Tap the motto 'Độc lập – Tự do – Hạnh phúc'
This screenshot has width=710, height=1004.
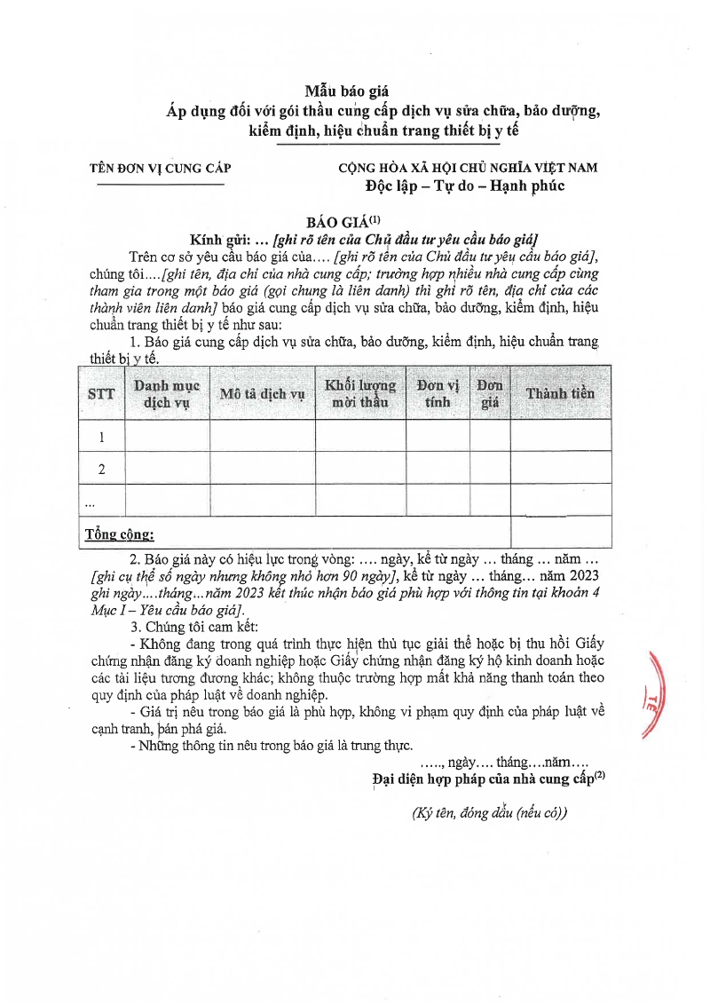pyautogui.click(x=465, y=186)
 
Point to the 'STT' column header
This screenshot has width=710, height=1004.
pyautogui.click(x=101, y=393)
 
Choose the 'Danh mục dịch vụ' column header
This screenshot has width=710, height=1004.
pyautogui.click(x=167, y=393)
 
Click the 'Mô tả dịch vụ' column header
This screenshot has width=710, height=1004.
pyautogui.click(x=263, y=393)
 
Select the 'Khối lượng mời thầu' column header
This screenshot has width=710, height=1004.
pyautogui.click(x=360, y=393)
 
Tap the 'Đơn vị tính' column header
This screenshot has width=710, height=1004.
pyautogui.click(x=438, y=393)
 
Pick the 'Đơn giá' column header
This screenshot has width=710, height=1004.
pyautogui.click(x=490, y=393)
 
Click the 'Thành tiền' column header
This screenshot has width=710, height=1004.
pyautogui.click(x=560, y=393)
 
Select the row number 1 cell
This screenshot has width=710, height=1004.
pyautogui.click(x=101, y=437)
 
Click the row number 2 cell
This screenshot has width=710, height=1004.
pyautogui.click(x=101, y=469)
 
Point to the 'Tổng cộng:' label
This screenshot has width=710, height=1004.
pyautogui.click(x=119, y=534)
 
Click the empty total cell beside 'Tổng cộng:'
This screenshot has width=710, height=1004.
pyautogui.click(x=560, y=533)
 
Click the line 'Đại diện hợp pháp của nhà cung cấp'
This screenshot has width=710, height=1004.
pyautogui.click(x=483, y=779)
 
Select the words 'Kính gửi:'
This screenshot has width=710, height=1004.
pyautogui.click(x=221, y=241)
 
